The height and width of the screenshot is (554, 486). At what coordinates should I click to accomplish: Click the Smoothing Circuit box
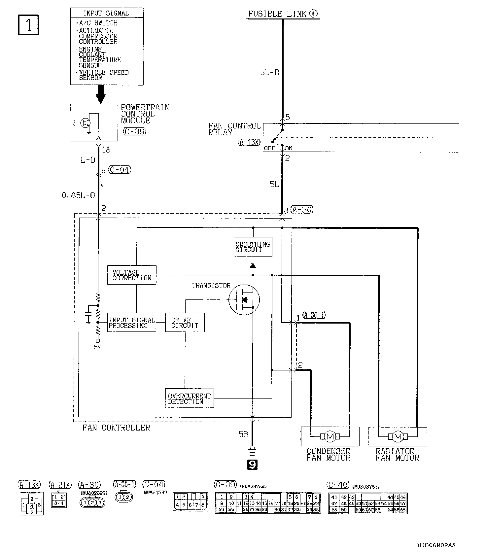[x=253, y=247]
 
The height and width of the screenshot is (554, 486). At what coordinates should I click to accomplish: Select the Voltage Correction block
[x=132, y=275]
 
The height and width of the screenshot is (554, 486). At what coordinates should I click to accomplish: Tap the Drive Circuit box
[x=185, y=323]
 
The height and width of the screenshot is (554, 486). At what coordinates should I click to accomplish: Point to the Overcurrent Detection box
[x=189, y=398]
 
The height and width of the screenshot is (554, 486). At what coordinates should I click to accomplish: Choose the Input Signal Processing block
[x=132, y=323]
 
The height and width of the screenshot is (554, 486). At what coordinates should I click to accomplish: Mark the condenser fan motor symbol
[x=330, y=436]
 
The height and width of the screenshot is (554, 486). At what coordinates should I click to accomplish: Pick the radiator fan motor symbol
[x=398, y=436]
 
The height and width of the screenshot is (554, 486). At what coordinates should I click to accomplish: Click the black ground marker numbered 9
[x=253, y=465]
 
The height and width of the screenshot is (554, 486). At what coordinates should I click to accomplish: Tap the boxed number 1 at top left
[x=28, y=25]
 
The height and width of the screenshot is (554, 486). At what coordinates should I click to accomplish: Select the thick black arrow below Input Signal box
[x=100, y=94]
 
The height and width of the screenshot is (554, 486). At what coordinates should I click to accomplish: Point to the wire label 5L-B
[x=269, y=73]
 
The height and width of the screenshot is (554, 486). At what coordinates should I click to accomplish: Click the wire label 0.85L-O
[x=78, y=195]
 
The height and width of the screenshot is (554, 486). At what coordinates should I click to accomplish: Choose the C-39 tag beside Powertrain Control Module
[x=134, y=131]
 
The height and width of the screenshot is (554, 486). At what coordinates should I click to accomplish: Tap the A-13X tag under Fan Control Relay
[x=249, y=142]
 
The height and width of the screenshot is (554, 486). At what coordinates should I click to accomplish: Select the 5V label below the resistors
[x=97, y=347]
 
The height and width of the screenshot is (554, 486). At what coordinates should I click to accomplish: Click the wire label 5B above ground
[x=243, y=434]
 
